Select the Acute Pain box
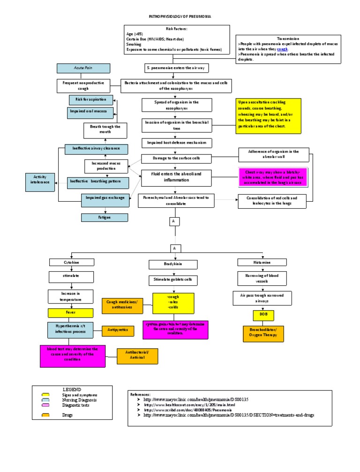point(83,68)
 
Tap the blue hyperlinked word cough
point(282,49)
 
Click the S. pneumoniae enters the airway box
point(176,68)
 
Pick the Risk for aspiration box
point(91,99)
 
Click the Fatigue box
point(104,217)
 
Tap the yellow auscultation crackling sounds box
point(268,116)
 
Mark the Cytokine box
point(72,262)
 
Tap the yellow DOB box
point(263,315)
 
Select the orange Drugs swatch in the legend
point(45,415)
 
